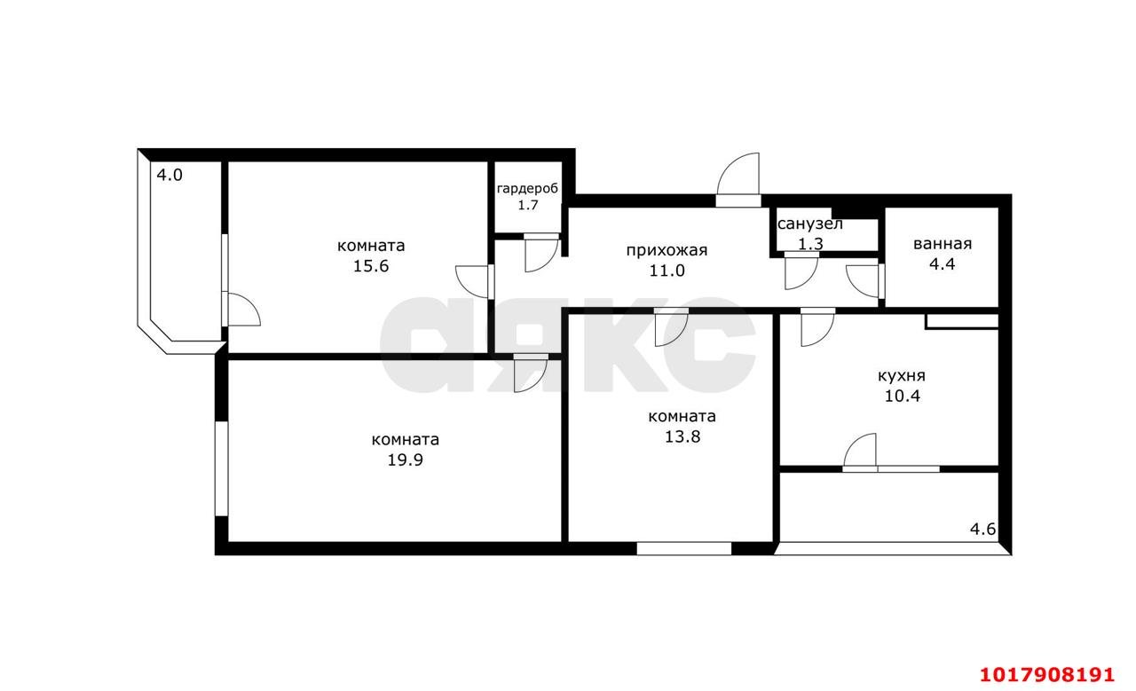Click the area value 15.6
coord(371,266)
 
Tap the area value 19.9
coord(406,459)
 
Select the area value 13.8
coord(682,436)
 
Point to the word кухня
coord(902,376)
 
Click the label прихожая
coord(667,250)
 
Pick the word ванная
coord(943,244)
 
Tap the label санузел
coord(810,224)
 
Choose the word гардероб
coord(527,189)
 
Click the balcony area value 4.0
coord(170,176)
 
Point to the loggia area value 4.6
coord(982,530)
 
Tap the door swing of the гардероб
coord(541,255)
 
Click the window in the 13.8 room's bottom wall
coord(684,548)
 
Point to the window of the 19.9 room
coord(221,469)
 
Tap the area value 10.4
coord(903,396)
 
